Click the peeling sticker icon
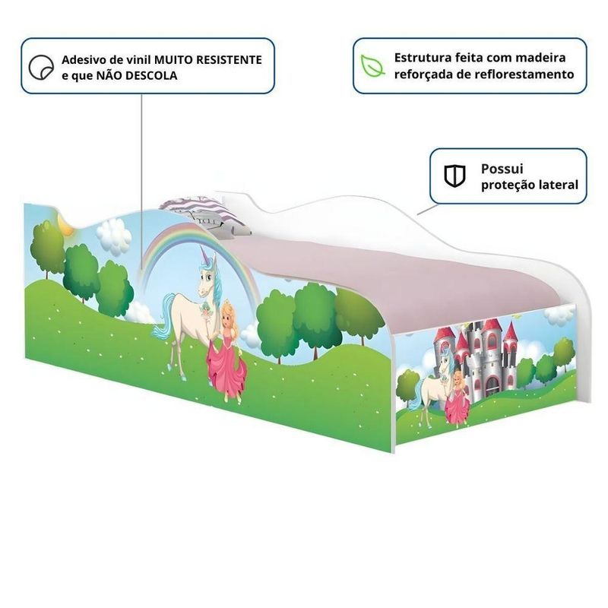(41, 67)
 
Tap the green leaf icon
(372, 65)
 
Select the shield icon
(454, 176)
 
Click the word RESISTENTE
(229, 60)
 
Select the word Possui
(502, 169)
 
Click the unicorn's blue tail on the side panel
(163, 316)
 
